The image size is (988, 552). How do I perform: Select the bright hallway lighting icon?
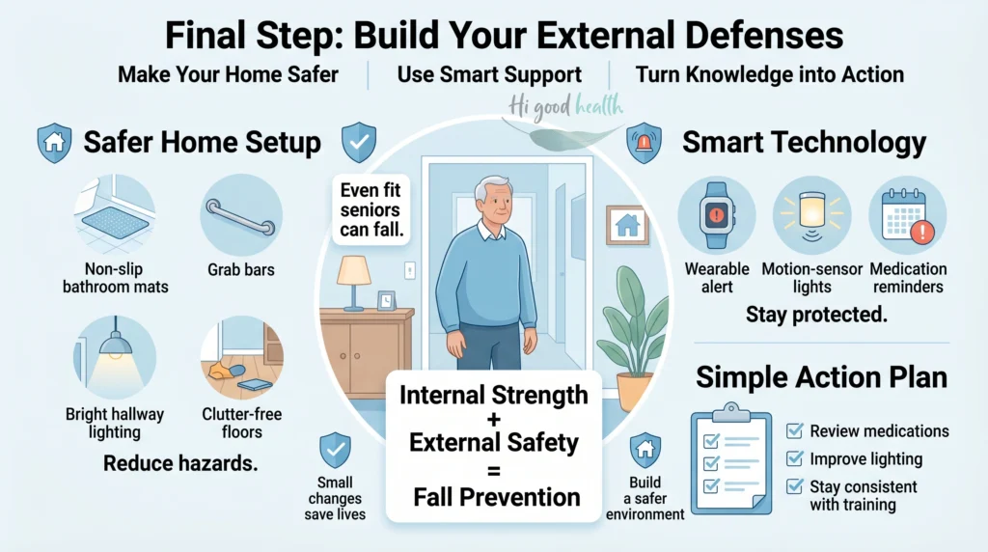(x=114, y=357)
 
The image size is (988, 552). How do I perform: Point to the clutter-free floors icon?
(x=241, y=357)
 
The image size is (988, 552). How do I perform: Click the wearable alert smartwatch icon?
(x=717, y=214)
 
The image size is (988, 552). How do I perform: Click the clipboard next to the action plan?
(x=731, y=459)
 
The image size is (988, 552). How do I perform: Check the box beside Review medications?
(x=795, y=430)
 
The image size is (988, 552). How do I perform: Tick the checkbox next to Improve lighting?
(x=795, y=458)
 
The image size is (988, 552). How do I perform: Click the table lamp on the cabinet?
(x=353, y=283)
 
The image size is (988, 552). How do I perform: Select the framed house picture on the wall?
(x=627, y=225)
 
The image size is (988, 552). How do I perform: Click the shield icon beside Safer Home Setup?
(x=54, y=143)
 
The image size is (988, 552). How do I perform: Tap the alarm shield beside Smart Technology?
(x=644, y=143)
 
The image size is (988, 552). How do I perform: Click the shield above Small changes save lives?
(x=335, y=450)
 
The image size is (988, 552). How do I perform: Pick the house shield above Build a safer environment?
(x=645, y=450)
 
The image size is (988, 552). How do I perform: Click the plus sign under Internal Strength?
(x=493, y=419)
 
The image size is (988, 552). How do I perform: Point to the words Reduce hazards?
(x=180, y=463)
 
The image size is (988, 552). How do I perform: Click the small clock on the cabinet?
(x=386, y=300)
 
